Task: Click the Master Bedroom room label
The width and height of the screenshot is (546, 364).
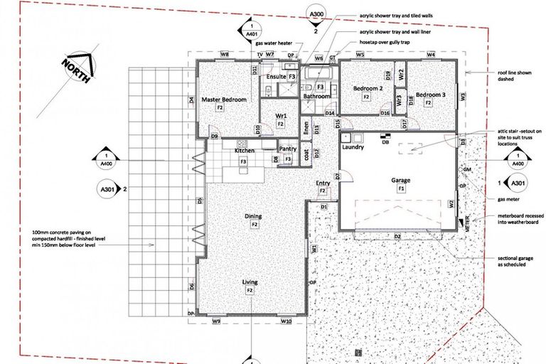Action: [223, 100]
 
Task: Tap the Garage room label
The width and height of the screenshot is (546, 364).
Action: [400, 181]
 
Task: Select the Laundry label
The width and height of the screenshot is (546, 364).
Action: [353, 148]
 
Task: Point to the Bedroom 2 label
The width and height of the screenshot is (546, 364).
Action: [368, 88]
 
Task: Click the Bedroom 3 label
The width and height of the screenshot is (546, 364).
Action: [431, 95]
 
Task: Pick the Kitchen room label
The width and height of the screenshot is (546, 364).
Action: [244, 151]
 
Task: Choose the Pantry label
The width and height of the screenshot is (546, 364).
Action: [287, 149]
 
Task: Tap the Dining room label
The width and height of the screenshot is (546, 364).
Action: [253, 216]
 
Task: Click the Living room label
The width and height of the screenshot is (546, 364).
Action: [250, 282]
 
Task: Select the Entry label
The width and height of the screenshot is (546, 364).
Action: [322, 183]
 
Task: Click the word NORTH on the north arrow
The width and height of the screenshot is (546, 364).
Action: [75, 73]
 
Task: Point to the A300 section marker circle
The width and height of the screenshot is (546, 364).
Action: [315, 14]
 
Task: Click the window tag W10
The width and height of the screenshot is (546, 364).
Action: [286, 322]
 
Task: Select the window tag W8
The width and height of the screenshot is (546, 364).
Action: [224, 54]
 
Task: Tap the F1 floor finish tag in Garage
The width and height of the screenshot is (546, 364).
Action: [400, 189]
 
